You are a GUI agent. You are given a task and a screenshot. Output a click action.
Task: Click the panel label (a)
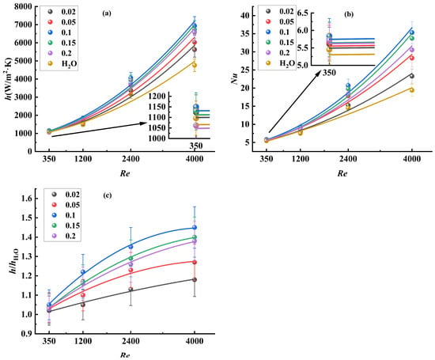(x=107, y=13)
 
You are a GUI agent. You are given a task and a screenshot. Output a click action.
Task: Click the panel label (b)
(x=349, y=14)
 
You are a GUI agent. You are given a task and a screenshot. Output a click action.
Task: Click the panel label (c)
(x=107, y=195)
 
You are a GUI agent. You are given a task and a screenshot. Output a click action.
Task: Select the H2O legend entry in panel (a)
(x=62, y=64)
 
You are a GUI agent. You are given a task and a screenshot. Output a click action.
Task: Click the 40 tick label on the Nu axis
(x=243, y=16)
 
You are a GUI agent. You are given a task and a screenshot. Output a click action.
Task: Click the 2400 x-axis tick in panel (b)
(x=348, y=159)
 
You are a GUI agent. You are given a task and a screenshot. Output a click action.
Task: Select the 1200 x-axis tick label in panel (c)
(x=83, y=341)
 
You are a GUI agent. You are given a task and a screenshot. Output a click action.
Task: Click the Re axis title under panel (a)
(x=125, y=174)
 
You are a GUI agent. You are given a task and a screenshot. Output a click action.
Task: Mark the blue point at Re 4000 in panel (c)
(x=195, y=228)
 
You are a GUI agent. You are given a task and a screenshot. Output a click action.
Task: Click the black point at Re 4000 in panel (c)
(x=195, y=279)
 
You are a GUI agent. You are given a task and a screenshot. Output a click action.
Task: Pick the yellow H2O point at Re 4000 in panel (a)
(x=195, y=65)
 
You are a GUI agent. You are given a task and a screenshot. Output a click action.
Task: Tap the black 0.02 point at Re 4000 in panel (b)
(x=412, y=76)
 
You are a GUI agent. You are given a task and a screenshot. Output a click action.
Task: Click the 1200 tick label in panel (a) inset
(x=157, y=97)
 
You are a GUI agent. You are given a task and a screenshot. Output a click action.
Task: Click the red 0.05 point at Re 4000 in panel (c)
(x=195, y=262)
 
